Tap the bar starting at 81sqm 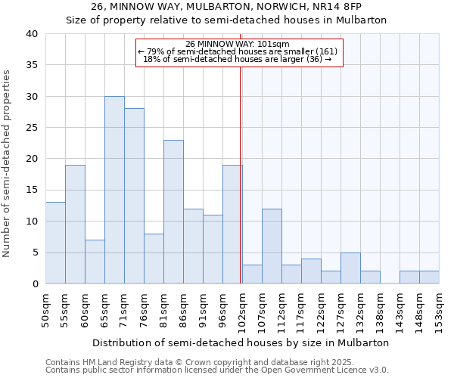pyautogui.click(x=173, y=212)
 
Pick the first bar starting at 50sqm pyautogui.click(x=55, y=243)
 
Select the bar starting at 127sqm pyautogui.click(x=350, y=268)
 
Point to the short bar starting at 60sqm pyautogui.click(x=95, y=262)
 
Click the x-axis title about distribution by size pyautogui.click(x=242, y=342)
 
